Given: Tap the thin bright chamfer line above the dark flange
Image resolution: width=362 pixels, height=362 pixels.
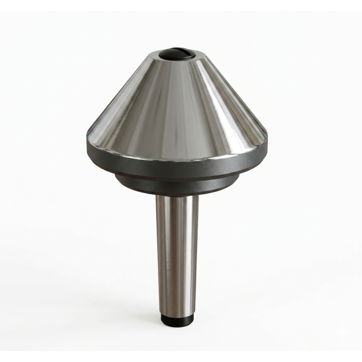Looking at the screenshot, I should click(x=176, y=152).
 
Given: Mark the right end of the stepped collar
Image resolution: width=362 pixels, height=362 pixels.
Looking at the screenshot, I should click(x=237, y=179).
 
